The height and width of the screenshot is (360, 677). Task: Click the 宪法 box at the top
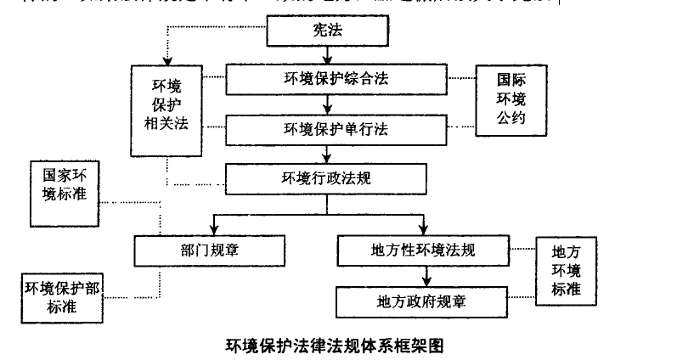point(328,31)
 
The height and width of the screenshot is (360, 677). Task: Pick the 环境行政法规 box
point(326,177)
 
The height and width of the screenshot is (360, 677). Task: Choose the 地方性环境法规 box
point(423,250)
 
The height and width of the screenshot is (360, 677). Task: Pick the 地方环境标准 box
point(566,270)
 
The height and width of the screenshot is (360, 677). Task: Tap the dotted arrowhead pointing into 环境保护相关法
point(166,59)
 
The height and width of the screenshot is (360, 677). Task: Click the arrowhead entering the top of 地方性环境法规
point(423,230)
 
